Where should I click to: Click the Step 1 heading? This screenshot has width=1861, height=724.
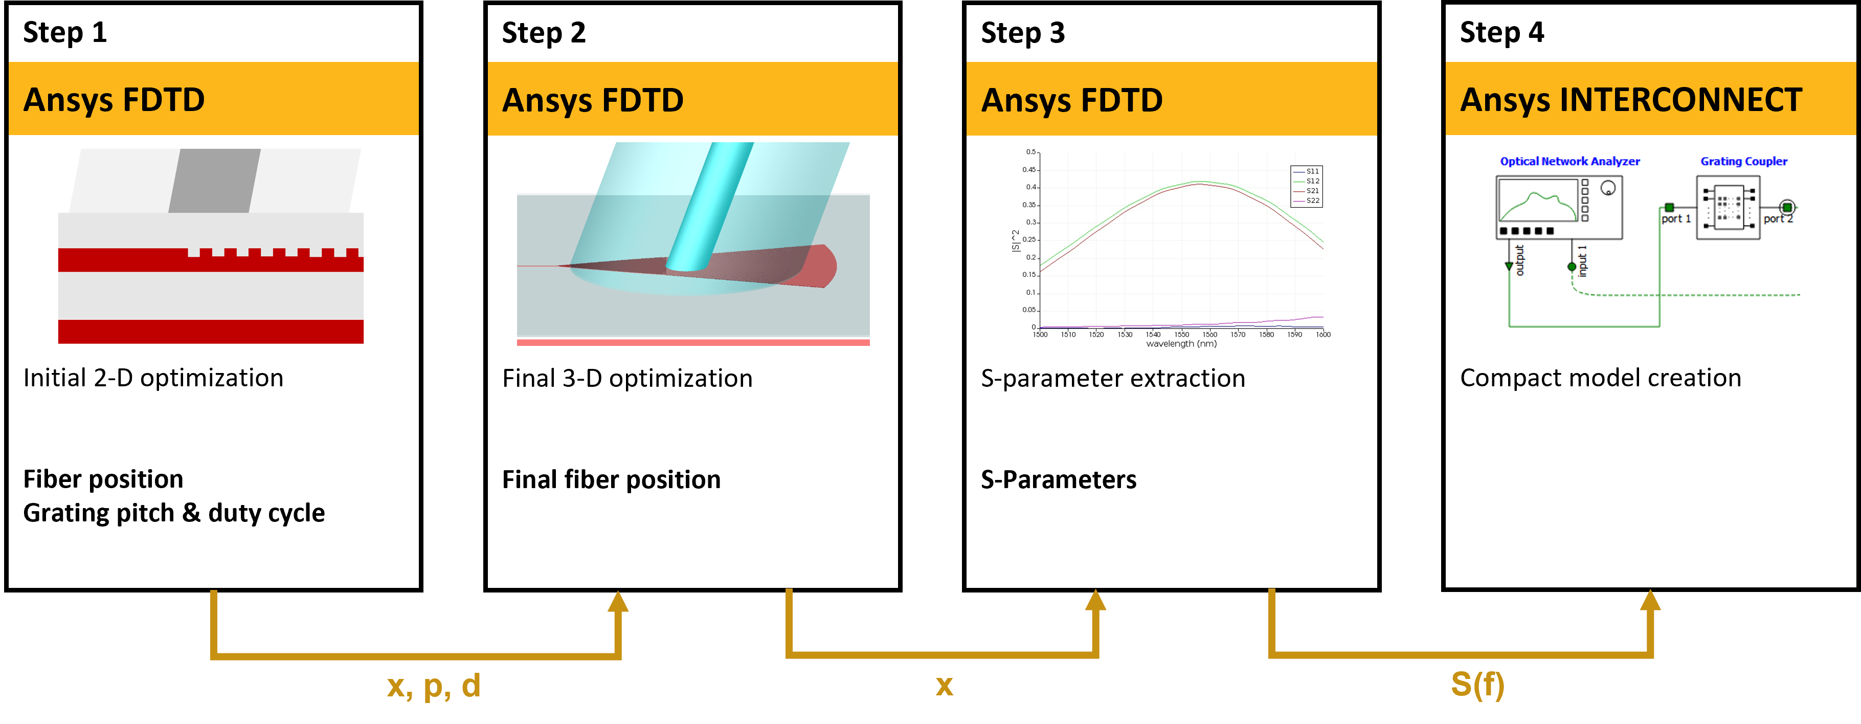[x=65, y=33]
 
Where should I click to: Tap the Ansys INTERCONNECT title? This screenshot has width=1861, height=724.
[x=1630, y=100]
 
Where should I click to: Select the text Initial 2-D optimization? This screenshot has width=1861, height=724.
[x=153, y=378]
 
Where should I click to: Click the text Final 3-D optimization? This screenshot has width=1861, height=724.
[x=627, y=379]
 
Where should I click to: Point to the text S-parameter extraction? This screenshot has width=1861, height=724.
[x=1112, y=379]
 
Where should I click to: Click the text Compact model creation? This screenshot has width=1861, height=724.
[x=1600, y=378]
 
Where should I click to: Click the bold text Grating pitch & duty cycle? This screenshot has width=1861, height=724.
[x=174, y=513]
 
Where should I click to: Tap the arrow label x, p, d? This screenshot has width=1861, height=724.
[x=434, y=685]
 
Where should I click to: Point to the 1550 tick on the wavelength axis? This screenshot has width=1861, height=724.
[x=1181, y=335]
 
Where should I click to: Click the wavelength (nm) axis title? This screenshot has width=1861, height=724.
[x=1181, y=344]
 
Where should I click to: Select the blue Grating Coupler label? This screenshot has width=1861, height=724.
[x=1743, y=161]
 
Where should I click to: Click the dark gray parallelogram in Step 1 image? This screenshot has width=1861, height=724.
[x=215, y=181]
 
